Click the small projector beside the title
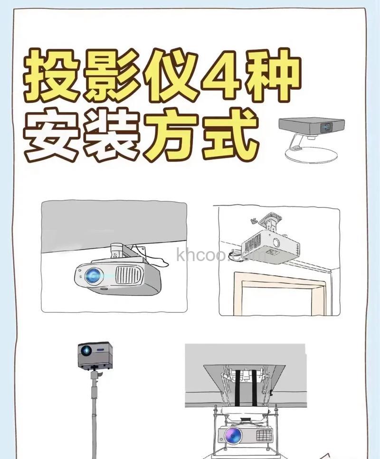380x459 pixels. tap(312, 127)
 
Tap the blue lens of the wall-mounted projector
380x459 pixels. tap(93, 274)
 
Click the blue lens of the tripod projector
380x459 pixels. tap(86, 351)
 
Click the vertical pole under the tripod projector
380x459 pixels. tap(94, 418)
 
